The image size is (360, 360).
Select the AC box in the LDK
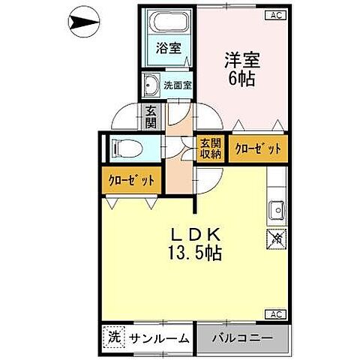(x=276, y=313)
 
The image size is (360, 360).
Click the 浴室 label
(x=168, y=48)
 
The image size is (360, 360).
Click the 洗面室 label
(x=178, y=85)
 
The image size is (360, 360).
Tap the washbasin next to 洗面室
(x=151, y=84)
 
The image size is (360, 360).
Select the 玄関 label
(x=151, y=116)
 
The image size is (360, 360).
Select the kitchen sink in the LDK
(x=275, y=209)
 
